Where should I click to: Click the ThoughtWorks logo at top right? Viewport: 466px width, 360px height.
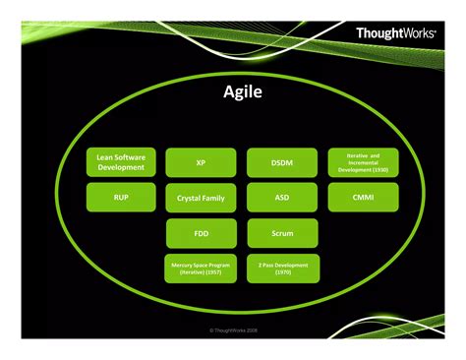pyautogui.click(x=397, y=33)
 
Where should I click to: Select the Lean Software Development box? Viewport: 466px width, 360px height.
pyautogui.click(x=121, y=161)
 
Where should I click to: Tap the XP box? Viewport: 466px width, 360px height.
pyautogui.click(x=201, y=161)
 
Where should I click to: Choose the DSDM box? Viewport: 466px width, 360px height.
pyautogui.click(x=281, y=161)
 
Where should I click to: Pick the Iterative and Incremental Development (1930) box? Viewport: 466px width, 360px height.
pyautogui.click(x=363, y=161)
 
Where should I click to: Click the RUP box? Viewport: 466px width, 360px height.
pyautogui.click(x=121, y=197)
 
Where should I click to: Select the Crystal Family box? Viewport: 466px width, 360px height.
pyautogui.click(x=201, y=197)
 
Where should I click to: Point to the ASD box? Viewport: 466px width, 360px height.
pyautogui.click(x=281, y=197)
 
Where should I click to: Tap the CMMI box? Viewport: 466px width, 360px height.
pyautogui.click(x=363, y=197)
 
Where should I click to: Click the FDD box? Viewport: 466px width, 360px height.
pyautogui.click(x=201, y=233)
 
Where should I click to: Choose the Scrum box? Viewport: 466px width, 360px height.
pyautogui.click(x=281, y=233)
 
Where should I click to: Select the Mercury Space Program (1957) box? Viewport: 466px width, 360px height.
pyautogui.click(x=201, y=269)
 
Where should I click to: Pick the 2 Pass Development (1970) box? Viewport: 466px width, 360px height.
pyautogui.click(x=281, y=269)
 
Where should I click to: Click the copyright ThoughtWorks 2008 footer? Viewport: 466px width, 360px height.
pyautogui.click(x=233, y=331)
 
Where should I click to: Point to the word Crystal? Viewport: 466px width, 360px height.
pyautogui.click(x=189, y=198)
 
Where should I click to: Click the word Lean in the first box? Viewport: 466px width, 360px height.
pyautogui.click(x=102, y=155)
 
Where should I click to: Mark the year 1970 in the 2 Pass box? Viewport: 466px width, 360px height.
pyautogui.click(x=281, y=273)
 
